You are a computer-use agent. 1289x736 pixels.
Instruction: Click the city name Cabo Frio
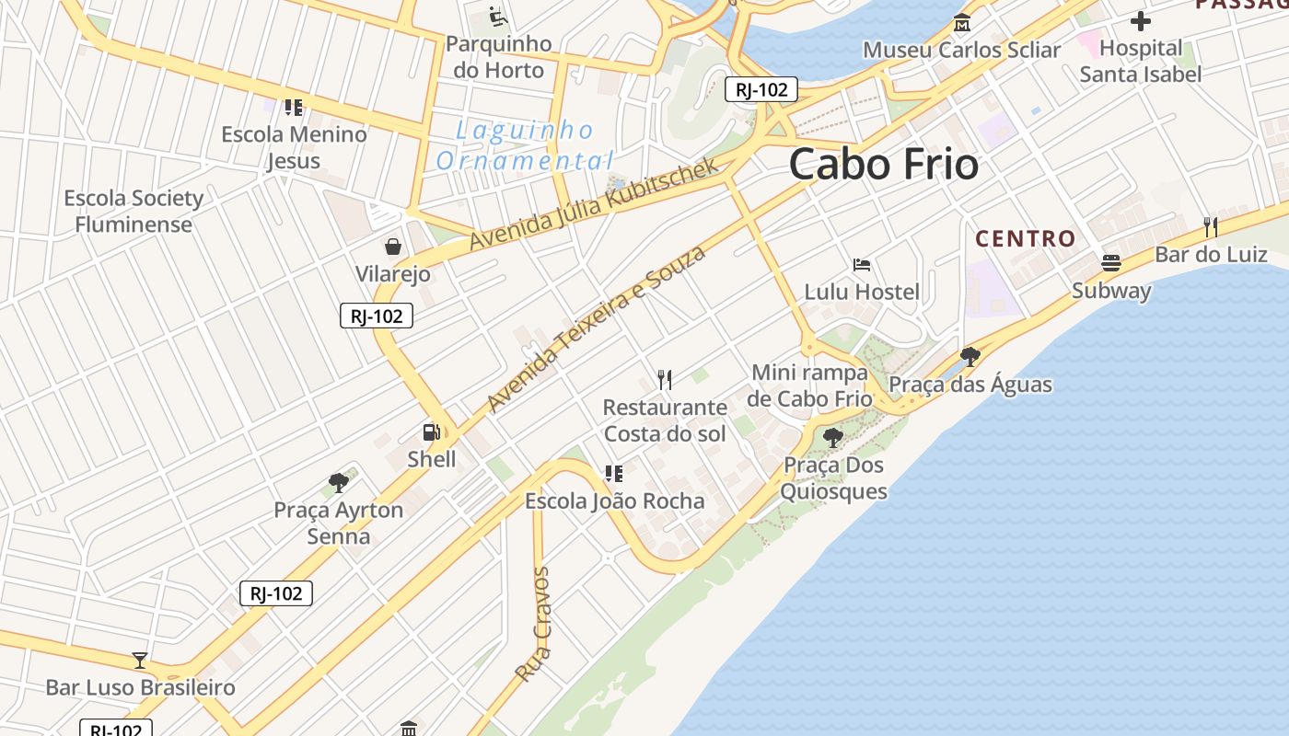(884, 165)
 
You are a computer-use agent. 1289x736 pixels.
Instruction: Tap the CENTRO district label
(1026, 239)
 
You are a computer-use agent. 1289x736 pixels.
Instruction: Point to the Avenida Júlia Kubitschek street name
(594, 203)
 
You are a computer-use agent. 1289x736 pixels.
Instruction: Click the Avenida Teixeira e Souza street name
(596, 328)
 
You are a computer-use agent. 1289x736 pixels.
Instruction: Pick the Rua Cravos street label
(533, 624)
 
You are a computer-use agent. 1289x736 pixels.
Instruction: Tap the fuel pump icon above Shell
(431, 431)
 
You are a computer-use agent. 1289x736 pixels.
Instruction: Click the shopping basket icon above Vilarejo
(393, 247)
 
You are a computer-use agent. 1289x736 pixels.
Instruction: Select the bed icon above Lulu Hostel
(862, 265)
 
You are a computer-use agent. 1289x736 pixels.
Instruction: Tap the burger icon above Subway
(1111, 263)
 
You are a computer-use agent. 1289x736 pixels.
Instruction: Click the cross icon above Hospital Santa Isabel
(1141, 20)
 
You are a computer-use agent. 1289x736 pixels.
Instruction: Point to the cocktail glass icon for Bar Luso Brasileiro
(140, 660)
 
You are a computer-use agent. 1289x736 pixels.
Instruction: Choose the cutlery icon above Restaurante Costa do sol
(665, 379)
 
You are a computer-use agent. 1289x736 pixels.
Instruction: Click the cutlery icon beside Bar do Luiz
(1211, 226)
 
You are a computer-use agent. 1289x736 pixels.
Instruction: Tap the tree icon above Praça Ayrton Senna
(339, 482)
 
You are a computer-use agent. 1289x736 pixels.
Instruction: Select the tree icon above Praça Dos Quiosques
(833, 438)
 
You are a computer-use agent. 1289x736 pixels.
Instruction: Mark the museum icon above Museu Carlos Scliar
(962, 22)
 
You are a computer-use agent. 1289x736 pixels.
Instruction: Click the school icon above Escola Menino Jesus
(294, 107)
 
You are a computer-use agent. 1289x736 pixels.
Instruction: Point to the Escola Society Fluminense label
(134, 212)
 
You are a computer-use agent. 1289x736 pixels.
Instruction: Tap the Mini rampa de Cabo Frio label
(810, 385)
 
